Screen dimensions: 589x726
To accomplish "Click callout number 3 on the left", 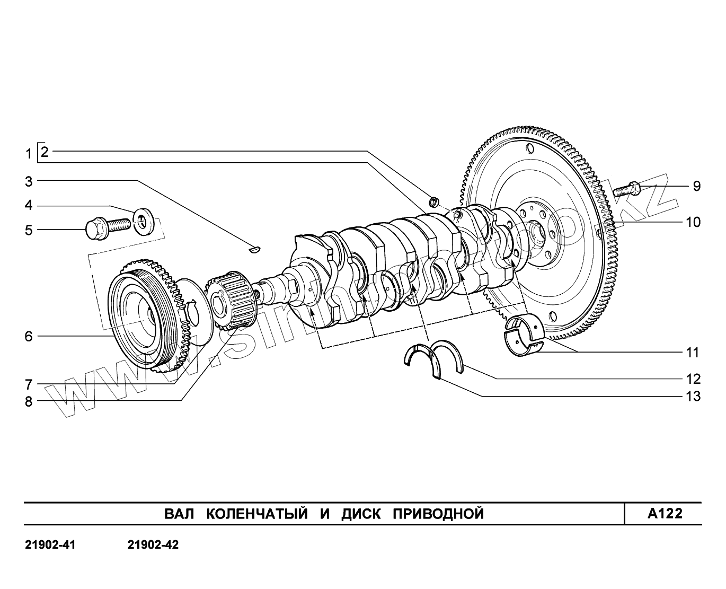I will click(29, 182).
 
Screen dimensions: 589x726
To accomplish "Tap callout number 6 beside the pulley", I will click(29, 336).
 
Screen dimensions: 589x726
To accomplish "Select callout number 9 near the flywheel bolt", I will click(696, 186).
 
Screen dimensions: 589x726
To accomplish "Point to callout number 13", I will click(693, 397).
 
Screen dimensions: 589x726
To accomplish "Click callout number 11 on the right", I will click(693, 353).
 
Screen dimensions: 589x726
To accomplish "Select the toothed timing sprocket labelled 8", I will click(233, 302).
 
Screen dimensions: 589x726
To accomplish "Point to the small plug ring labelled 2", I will click(433, 201).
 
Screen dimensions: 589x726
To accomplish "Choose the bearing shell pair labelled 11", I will click(524, 334).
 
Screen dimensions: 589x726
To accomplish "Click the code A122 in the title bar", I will click(665, 514).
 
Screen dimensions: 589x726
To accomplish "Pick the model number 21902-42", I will click(153, 545).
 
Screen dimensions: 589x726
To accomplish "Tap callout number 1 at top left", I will click(29, 155).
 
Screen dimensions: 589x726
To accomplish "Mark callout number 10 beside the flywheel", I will click(693, 222).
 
